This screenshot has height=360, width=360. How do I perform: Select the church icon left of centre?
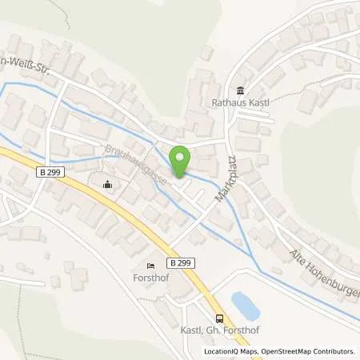coord(108,186)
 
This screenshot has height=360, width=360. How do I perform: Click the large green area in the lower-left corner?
coord(32,320)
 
